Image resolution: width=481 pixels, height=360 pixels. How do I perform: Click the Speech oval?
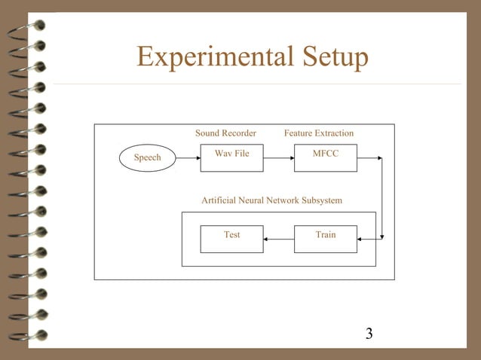pos(148,157)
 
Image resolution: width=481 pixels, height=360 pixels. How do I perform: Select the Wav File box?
pos(231,158)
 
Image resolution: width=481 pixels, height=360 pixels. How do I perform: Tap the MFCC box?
pos(326,158)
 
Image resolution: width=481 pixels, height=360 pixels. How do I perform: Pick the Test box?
pos(231,239)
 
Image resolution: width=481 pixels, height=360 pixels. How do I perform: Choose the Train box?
pos(326,239)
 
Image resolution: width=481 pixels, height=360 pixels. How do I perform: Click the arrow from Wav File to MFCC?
pos(278,158)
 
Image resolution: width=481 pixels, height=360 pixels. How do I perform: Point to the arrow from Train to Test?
pos(278,239)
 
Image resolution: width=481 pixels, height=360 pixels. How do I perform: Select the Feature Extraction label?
pos(318,133)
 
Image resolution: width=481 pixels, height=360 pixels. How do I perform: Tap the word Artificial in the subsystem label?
pos(219,201)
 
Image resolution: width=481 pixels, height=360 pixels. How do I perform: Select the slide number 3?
pos(369,334)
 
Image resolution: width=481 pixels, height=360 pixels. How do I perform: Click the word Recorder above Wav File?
pos(239,133)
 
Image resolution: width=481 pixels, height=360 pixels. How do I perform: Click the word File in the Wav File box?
pos(242,153)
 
